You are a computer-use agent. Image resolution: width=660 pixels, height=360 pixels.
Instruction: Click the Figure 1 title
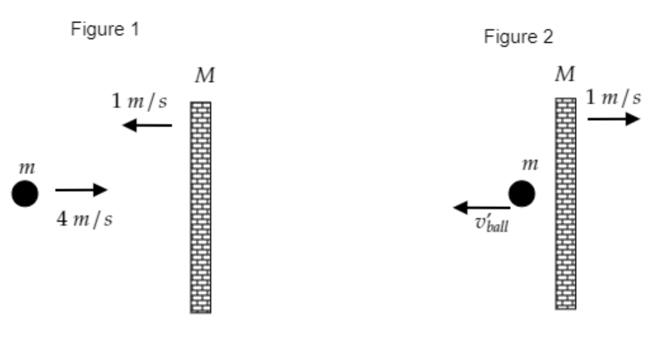106,30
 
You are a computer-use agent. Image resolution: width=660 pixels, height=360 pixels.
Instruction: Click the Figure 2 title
518,38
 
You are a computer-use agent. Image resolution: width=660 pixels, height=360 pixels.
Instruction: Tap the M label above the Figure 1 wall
205,77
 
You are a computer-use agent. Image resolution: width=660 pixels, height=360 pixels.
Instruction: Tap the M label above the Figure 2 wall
565,75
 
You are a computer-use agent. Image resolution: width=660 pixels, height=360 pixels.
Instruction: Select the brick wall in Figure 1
200,207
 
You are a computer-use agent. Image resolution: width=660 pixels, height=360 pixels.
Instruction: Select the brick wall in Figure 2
565,203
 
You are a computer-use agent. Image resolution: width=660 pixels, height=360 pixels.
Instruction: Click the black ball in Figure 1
25,194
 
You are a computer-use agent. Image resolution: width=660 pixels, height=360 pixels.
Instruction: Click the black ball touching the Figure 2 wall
521,194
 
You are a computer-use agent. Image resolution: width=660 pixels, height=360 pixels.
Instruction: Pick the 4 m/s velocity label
85,221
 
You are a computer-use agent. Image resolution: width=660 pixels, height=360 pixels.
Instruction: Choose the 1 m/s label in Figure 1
139,101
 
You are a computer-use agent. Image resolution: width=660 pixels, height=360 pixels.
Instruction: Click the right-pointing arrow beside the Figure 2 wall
614,119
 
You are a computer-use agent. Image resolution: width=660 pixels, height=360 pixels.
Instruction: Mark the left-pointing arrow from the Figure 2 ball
481,207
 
